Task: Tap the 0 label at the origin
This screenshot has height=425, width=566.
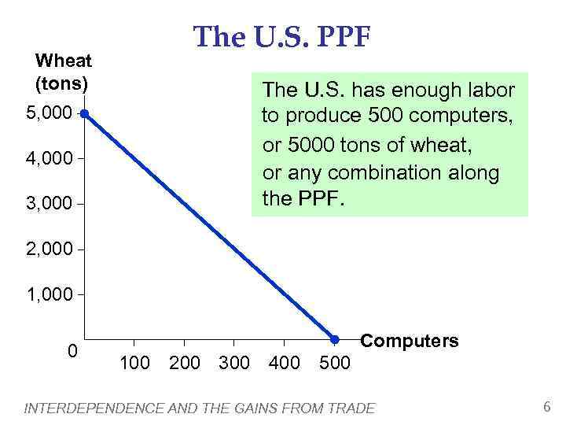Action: coord(72,351)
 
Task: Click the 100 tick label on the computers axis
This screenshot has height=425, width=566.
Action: coord(135,363)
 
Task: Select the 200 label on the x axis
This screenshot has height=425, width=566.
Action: coord(185,363)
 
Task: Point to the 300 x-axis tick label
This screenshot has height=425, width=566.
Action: coord(234,363)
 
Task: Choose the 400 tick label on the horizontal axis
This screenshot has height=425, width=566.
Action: coord(284,363)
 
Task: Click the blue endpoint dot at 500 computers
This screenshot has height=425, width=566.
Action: coord(334,340)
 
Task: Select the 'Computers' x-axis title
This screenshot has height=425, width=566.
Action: coord(409,341)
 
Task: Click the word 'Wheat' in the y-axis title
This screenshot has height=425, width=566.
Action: coord(64,61)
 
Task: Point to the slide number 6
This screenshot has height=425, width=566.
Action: coord(546,406)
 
